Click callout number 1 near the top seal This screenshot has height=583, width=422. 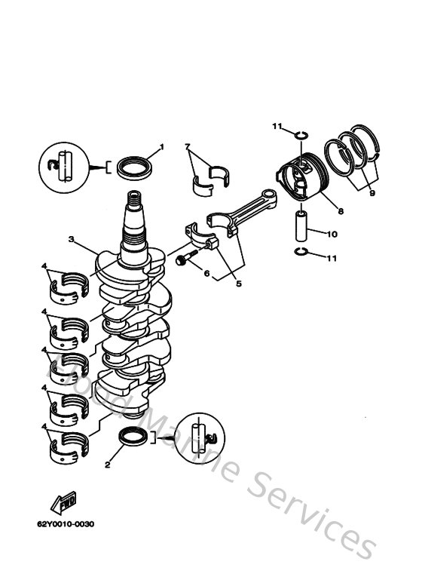pos(161,146)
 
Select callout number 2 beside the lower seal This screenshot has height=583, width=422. pos(108,465)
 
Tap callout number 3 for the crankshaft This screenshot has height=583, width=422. pos(70,239)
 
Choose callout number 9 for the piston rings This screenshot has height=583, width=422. pos(372,192)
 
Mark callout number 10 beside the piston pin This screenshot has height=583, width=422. pos(333,234)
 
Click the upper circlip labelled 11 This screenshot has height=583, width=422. pos(300,136)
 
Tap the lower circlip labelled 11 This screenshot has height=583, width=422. pos(299,251)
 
